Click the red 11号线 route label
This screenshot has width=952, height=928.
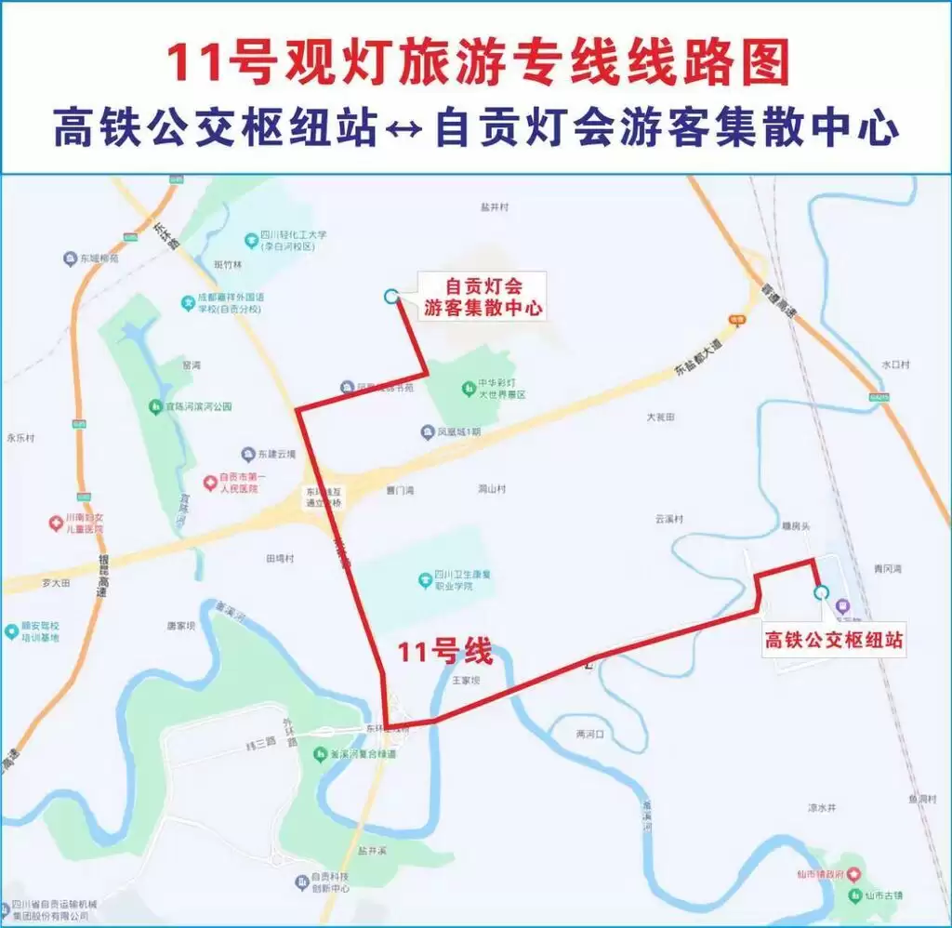coord(444,653)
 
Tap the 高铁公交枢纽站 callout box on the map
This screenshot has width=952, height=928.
coord(834,641)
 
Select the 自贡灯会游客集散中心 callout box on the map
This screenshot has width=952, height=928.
coord(483,296)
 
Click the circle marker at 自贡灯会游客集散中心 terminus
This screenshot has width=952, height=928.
coord(391,296)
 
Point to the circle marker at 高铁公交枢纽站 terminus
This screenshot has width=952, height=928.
coord(820,592)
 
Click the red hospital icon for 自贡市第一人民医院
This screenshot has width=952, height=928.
coord(211,483)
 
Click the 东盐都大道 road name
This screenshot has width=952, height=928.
coord(695,359)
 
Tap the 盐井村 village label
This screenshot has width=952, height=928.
coord(495,207)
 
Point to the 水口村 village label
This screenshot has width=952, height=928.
coord(899,365)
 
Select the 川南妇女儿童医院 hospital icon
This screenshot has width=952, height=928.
coord(56,524)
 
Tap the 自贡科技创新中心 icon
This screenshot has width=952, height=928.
coord(301,882)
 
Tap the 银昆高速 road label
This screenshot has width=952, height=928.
coord(101,578)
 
